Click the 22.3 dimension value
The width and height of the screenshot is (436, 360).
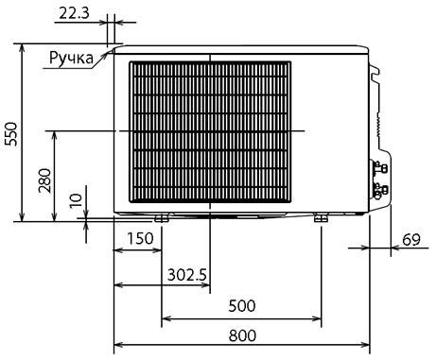click(x=75, y=13)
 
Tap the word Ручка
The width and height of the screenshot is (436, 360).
click(x=72, y=58)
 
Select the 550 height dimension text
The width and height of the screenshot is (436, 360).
click(x=11, y=134)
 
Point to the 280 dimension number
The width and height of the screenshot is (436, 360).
click(x=44, y=180)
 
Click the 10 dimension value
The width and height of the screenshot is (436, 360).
click(x=76, y=200)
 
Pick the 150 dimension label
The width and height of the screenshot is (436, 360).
click(x=140, y=238)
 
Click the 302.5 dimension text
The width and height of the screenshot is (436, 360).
click(x=187, y=275)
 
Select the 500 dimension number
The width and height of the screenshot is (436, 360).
click(x=242, y=306)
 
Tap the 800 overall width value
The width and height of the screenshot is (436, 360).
click(x=242, y=335)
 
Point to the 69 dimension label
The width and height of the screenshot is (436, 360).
click(x=411, y=240)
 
